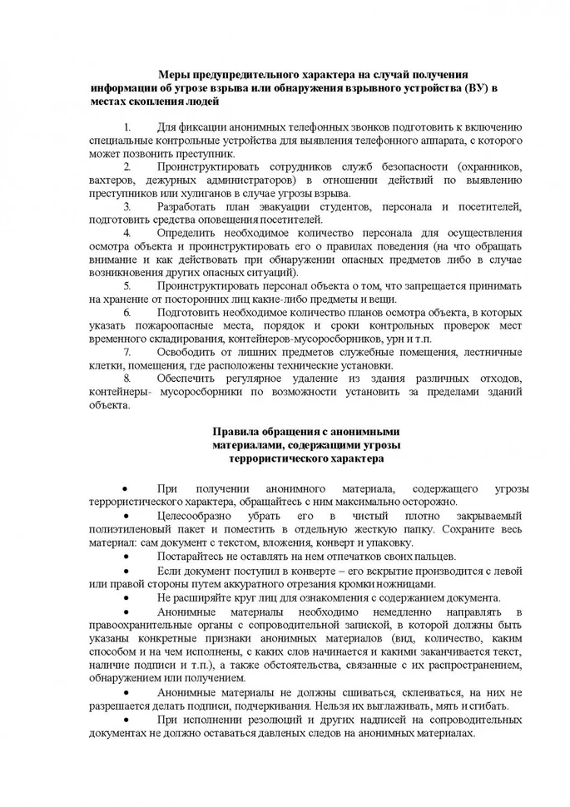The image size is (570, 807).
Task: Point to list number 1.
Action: click(x=126, y=127)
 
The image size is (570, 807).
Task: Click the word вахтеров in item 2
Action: click(x=113, y=180)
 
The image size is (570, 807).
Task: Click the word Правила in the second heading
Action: click(x=235, y=432)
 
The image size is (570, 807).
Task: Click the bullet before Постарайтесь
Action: click(x=125, y=557)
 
